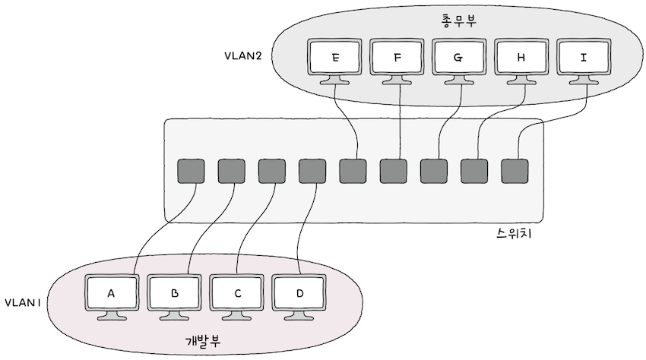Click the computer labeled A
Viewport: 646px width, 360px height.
pyautogui.click(x=111, y=293)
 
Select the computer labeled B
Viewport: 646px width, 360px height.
pyautogui.click(x=173, y=293)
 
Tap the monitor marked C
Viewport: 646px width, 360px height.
pyautogui.click(x=236, y=293)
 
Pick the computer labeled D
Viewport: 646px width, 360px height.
pyautogui.click(x=299, y=293)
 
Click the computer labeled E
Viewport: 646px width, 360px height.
pyautogui.click(x=336, y=58)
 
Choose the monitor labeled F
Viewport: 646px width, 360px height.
pyautogui.click(x=398, y=58)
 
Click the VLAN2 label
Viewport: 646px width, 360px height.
pyautogui.click(x=243, y=57)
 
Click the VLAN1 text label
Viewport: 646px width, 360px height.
pyautogui.click(x=23, y=302)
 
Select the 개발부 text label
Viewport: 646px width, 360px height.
pyautogui.click(x=204, y=341)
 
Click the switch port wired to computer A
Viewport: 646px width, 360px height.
pyautogui.click(x=190, y=171)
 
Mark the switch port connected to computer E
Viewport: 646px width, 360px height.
pyautogui.click(x=353, y=171)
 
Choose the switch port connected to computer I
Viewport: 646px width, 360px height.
pyautogui.click(x=515, y=171)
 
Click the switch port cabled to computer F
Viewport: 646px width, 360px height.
pyautogui.click(x=393, y=171)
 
